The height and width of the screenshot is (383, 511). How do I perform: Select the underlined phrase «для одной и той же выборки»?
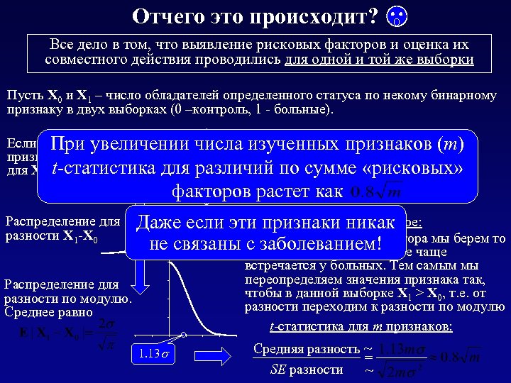378,60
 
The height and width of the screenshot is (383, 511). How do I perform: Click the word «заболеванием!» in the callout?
328,245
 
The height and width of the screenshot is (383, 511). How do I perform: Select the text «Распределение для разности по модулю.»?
67,292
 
